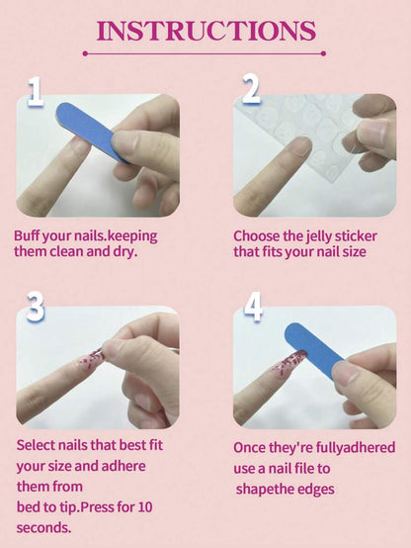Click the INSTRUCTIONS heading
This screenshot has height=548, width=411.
point(206,31)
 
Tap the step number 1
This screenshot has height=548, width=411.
point(36,92)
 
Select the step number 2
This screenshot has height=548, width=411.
point(251,89)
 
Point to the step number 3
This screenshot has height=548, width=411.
point(36,307)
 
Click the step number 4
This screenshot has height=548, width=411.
point(253,307)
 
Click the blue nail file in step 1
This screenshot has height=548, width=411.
point(93,133)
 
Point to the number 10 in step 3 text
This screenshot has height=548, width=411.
point(145,507)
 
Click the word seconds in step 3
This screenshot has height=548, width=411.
point(43,527)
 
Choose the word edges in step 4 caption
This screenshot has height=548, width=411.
point(317,490)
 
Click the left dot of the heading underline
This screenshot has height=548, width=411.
point(85,53)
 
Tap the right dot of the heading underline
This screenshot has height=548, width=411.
point(323,53)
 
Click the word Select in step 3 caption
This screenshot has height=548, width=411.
point(36,445)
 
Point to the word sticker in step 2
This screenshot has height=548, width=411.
point(356,236)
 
